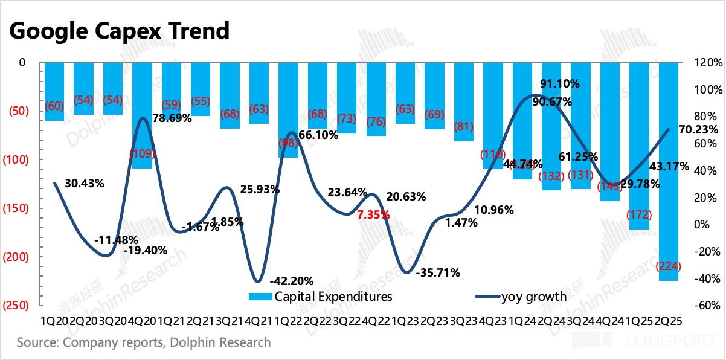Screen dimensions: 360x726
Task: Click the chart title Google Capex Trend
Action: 119,30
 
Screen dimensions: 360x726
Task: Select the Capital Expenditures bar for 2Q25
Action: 669,181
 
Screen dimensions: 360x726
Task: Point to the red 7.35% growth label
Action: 373,214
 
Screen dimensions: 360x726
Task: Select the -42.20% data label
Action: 292,280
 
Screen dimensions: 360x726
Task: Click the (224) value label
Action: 669,266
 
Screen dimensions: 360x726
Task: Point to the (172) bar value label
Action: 640,214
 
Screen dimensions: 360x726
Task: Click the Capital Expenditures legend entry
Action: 321,297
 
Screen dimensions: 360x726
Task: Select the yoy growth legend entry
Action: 521,297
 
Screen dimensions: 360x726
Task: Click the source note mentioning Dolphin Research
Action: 144,342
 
